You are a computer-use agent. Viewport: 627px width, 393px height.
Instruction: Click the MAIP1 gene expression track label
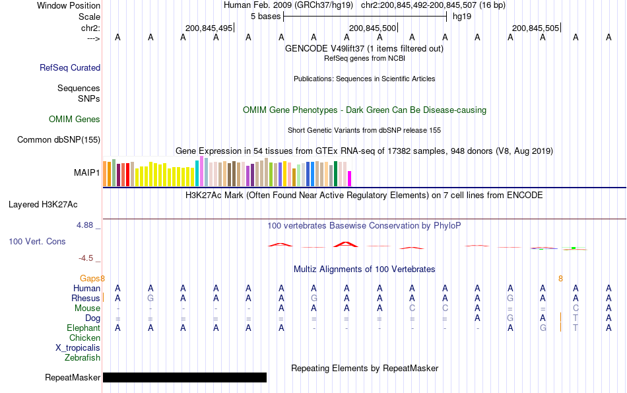[86, 173]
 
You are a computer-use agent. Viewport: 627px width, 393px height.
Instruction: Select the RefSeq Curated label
[70, 67]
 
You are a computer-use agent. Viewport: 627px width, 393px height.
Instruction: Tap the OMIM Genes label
[75, 120]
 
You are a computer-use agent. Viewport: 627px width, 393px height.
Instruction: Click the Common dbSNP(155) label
[59, 139]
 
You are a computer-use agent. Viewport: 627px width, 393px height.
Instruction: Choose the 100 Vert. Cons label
[37, 242]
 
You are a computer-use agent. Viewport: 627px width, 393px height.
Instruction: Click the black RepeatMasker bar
[185, 378]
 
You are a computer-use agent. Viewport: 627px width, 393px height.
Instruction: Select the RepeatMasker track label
[73, 378]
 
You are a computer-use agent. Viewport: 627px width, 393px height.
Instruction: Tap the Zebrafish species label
[82, 358]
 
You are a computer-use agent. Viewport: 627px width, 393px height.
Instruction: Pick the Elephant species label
[83, 328]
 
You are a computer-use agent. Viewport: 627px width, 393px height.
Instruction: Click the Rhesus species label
[86, 299]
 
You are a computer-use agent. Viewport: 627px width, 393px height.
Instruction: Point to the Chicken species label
[84, 338]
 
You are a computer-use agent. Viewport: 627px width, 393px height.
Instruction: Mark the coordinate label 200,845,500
[372, 28]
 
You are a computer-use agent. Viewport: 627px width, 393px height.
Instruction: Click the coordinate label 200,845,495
[209, 28]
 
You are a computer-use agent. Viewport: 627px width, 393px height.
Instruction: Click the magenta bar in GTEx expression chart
[350, 178]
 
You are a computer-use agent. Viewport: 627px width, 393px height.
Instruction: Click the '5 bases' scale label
[265, 17]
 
